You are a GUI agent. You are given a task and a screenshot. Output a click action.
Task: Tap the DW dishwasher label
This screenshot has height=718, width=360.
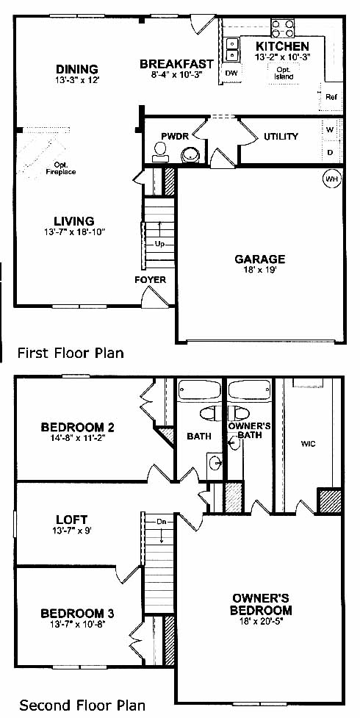pyautogui.click(x=231, y=73)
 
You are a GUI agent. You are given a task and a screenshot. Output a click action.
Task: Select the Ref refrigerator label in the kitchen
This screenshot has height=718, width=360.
pyautogui.click(x=331, y=97)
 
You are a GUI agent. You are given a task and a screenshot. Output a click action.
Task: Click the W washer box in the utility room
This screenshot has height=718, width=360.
pyautogui.click(x=330, y=129)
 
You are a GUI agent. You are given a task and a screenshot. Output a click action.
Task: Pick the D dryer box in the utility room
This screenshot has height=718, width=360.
pyautogui.click(x=330, y=152)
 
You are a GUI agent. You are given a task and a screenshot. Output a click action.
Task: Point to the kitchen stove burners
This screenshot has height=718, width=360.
pyautogui.click(x=283, y=28)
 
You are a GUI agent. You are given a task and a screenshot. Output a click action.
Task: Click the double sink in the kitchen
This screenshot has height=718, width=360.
pyautogui.click(x=233, y=50)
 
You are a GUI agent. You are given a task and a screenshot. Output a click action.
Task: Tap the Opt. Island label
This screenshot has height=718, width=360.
pyautogui.click(x=284, y=73)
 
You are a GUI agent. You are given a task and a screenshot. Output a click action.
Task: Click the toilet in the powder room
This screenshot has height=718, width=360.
pyautogui.click(x=160, y=152)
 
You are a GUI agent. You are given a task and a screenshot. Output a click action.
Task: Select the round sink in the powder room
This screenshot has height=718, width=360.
pyautogui.click(x=190, y=155)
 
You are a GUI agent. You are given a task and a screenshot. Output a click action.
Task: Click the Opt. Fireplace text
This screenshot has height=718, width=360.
pyautogui.click(x=61, y=168)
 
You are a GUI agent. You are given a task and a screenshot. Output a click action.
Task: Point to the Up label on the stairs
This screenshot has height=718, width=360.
pyautogui.click(x=159, y=244)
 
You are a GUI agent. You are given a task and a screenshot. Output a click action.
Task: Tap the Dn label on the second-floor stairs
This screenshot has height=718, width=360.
pyautogui.click(x=161, y=522)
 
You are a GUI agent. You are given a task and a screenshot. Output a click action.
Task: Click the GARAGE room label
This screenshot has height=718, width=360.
pyautogui.click(x=259, y=259)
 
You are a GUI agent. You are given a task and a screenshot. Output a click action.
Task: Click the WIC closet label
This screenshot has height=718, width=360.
pyautogui.click(x=309, y=444)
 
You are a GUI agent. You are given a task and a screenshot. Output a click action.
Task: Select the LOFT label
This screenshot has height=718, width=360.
pyautogui.click(x=71, y=520)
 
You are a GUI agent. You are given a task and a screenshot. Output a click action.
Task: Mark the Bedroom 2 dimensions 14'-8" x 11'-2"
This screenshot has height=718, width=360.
pyautogui.click(x=77, y=437)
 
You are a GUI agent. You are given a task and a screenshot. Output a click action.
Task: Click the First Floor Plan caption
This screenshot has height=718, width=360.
pyautogui.click(x=71, y=353)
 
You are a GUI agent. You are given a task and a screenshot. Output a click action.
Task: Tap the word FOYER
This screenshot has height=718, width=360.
pyautogui.click(x=150, y=280)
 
